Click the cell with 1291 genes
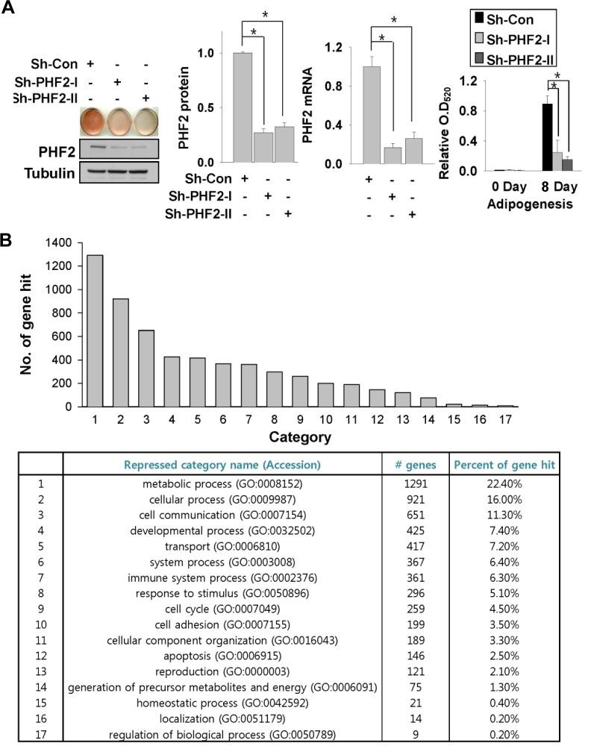[414, 483]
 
